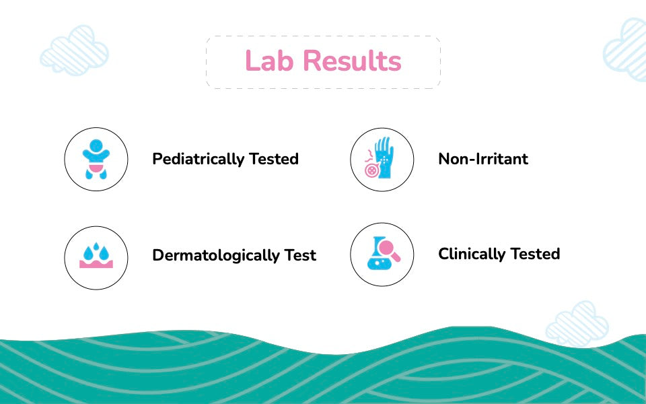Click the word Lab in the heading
click(x=269, y=61)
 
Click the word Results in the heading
click(x=352, y=61)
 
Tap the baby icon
click(x=96, y=159)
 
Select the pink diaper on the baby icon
click(x=96, y=168)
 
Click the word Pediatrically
click(x=198, y=159)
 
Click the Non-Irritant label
click(x=483, y=159)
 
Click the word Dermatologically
click(x=215, y=256)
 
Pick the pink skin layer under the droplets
click(x=96, y=264)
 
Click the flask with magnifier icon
click(x=383, y=253)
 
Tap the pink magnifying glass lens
click(x=388, y=248)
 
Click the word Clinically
click(x=472, y=254)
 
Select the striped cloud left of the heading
click(x=74, y=50)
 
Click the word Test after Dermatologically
click(x=300, y=255)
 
